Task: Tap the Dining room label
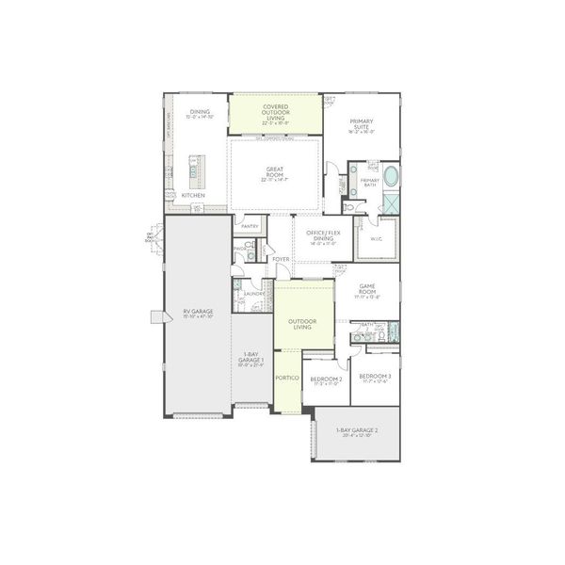200,113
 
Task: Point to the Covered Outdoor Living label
276,113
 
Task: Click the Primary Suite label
363,124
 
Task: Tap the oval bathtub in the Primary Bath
390,177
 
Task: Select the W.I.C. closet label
376,240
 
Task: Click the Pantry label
250,227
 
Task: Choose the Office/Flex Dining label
315,235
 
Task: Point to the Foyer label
281,259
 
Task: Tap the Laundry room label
253,295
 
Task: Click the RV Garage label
199,314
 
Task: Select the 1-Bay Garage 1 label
250,359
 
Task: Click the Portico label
287,378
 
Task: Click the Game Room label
367,293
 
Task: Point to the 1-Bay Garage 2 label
357,432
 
